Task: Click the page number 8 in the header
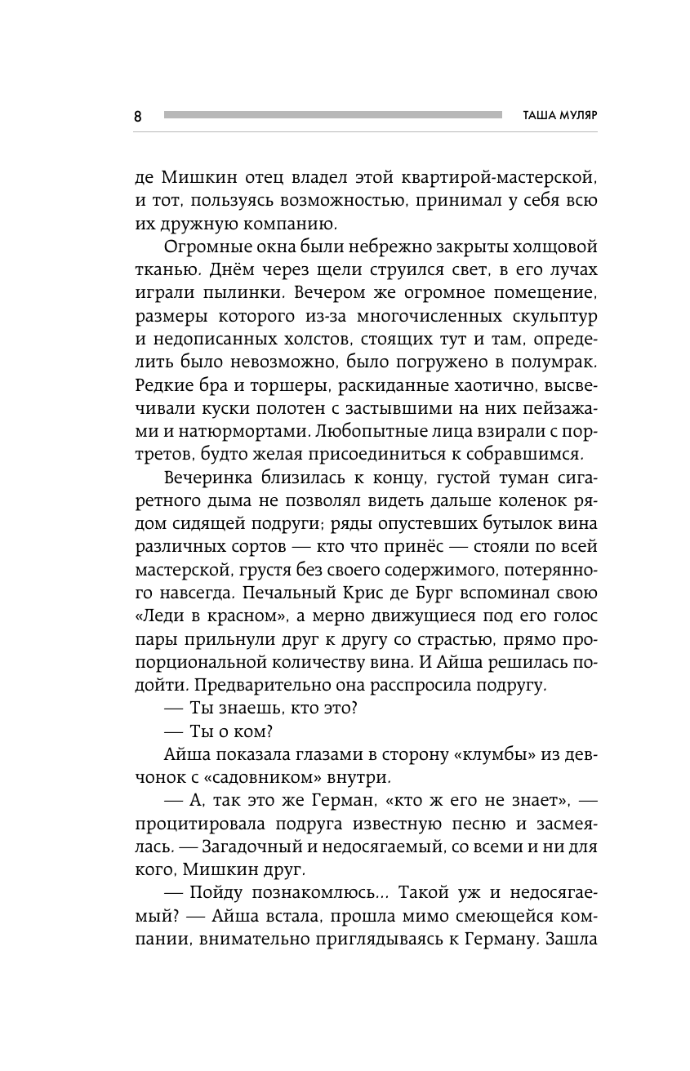point(137,116)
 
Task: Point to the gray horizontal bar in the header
point(332,115)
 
